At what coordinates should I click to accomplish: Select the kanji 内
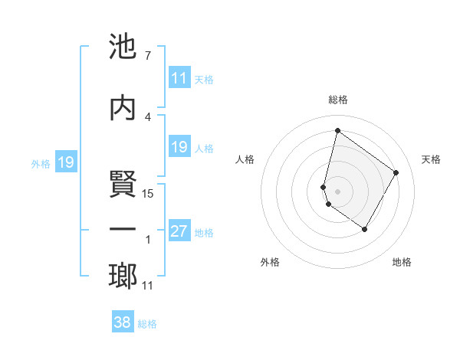pyautogui.click(x=123, y=108)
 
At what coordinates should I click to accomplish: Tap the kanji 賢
pyautogui.click(x=123, y=185)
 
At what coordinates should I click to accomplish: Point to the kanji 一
pyautogui.click(x=123, y=230)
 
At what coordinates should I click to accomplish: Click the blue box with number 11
pyautogui.click(x=179, y=78)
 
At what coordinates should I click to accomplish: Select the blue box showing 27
pyautogui.click(x=179, y=231)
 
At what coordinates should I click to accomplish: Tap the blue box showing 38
pyautogui.click(x=123, y=322)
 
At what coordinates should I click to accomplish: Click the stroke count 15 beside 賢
pyautogui.click(x=149, y=194)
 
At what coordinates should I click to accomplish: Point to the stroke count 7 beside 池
pyautogui.click(x=147, y=56)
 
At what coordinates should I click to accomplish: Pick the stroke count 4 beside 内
pyautogui.click(x=147, y=116)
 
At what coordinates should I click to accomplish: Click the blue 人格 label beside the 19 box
pyautogui.click(x=204, y=148)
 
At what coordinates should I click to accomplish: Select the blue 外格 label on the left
pyautogui.click(x=41, y=163)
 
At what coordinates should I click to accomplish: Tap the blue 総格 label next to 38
pyautogui.click(x=147, y=324)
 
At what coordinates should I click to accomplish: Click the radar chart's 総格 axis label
pyautogui.click(x=337, y=100)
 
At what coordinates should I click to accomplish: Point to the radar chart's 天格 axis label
pyautogui.click(x=432, y=159)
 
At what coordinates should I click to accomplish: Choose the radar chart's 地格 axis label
pyautogui.click(x=402, y=262)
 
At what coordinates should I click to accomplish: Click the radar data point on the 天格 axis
pyautogui.click(x=396, y=172)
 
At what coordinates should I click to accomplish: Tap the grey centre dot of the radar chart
pyautogui.click(x=337, y=191)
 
